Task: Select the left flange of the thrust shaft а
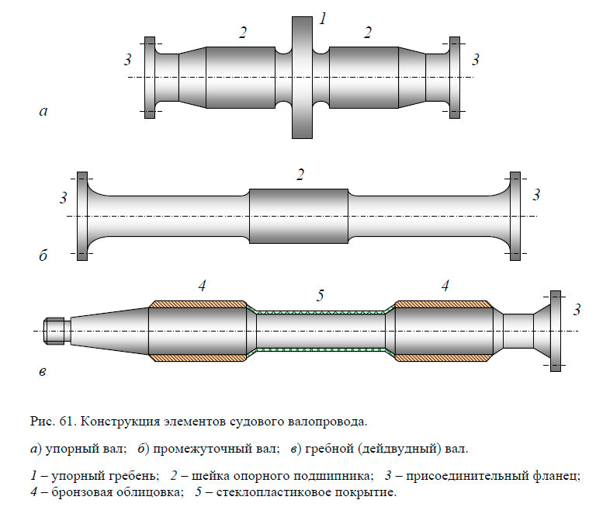pyautogui.click(x=150, y=78)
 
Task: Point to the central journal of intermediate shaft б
pyautogui.click(x=299, y=216)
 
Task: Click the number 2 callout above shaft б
pyautogui.click(x=300, y=175)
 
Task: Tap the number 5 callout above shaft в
pyautogui.click(x=320, y=295)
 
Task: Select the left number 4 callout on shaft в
pyautogui.click(x=201, y=286)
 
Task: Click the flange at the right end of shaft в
pyautogui.click(x=555, y=331)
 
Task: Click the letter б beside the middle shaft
pyautogui.click(x=43, y=255)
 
